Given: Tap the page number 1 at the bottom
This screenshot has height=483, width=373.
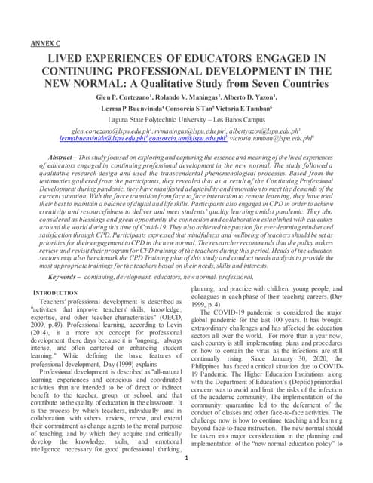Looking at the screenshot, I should pyautogui.click(x=185, y=458).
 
